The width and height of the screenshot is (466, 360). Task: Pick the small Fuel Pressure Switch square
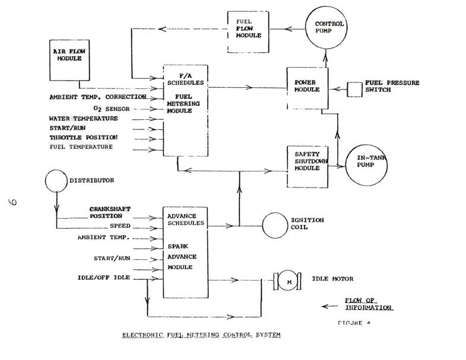click(356, 89)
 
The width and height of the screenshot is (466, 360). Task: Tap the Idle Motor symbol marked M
click(289, 282)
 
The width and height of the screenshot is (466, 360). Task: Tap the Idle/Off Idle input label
click(104, 277)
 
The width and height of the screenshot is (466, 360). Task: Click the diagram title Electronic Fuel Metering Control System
click(201, 334)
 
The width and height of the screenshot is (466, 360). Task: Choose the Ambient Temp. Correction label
click(98, 97)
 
